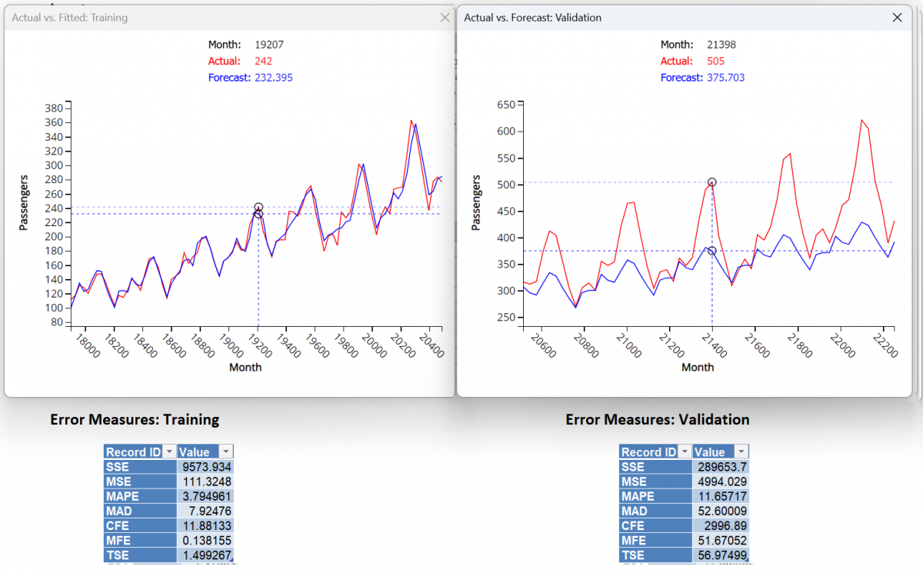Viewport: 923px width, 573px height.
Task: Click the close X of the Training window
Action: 445,18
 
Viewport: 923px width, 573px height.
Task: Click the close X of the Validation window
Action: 897,18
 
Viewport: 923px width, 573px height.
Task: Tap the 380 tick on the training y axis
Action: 53,108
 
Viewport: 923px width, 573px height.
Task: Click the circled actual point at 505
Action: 712,182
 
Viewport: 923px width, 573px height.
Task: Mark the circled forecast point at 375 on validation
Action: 712,251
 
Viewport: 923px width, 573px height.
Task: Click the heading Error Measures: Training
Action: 135,420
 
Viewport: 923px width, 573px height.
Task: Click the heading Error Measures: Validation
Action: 657,420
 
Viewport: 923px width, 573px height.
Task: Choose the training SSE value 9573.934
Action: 206,467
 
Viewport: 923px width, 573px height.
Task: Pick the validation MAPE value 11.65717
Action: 721,496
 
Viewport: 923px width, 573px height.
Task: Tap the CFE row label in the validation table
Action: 633,526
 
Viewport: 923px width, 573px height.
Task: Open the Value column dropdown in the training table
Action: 225,452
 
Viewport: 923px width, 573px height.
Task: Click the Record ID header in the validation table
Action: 648,452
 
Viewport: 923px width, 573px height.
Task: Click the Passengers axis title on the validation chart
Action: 476,203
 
